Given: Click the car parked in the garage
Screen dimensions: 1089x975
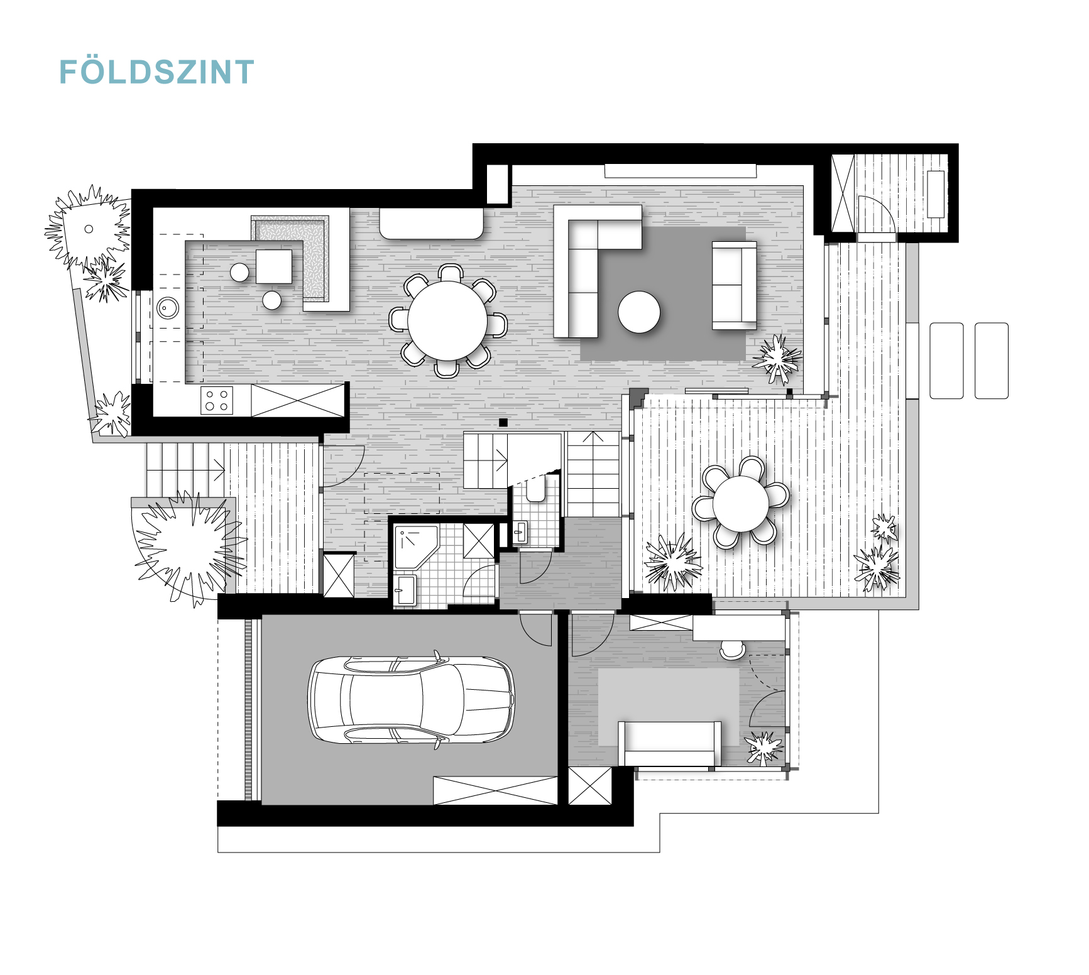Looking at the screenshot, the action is pos(411,700).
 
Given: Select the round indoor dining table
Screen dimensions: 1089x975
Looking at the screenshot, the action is pos(447,321).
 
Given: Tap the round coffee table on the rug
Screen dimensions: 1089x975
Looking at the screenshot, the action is pos(639,312).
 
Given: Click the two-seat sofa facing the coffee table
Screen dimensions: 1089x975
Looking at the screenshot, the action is pos(734,285).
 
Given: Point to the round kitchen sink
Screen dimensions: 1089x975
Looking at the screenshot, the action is pos(168,308).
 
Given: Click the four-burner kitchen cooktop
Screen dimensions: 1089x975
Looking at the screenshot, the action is pos(217,400).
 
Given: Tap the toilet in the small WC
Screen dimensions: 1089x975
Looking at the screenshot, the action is pos(535,489).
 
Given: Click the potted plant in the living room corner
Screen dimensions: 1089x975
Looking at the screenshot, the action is pos(777,359).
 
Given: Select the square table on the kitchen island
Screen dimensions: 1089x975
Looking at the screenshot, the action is pos(274,266).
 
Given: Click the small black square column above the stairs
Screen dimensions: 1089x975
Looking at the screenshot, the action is pos(503,422).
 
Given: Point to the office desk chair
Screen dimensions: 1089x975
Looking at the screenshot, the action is pos(733,650).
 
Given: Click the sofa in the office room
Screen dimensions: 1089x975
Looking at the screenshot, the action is pos(669,744).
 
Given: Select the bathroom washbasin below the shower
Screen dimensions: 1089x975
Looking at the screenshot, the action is pos(405,591).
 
